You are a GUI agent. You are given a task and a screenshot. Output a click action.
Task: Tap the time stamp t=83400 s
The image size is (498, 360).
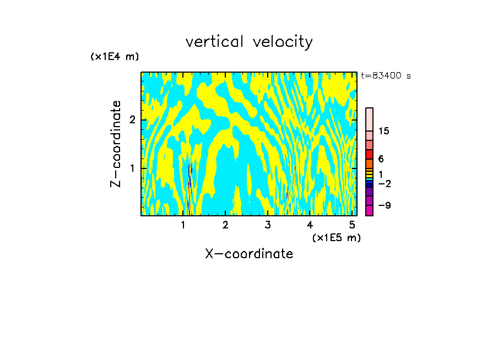386,76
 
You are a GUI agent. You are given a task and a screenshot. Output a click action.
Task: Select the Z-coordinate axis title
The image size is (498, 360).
116,144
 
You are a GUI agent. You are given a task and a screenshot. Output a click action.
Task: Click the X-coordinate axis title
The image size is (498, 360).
249,254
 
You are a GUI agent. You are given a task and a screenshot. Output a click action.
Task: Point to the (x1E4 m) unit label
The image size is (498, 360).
115,57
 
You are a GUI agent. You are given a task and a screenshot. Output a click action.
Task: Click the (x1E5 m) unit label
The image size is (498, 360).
336,237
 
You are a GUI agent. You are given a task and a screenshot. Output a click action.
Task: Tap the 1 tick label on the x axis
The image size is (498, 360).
183,225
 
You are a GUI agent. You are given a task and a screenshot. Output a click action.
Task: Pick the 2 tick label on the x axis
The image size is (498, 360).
225,225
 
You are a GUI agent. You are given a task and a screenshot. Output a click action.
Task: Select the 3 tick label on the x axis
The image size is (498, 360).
268,225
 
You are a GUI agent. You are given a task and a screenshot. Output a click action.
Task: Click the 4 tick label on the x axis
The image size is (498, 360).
310,225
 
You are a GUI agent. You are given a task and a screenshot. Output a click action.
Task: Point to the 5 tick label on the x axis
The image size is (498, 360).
352,225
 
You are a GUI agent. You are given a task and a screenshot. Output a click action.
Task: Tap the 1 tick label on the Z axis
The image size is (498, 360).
132,168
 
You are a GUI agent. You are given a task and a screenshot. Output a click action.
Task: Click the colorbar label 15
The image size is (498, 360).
384,131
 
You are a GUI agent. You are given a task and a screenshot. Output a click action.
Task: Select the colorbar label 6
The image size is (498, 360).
381,159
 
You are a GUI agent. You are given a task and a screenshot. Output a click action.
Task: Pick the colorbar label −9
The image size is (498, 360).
384,205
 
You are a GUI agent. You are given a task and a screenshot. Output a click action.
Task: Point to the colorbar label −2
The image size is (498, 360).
384,183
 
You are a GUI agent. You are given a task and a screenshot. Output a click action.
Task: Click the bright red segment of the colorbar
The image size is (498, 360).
369,154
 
